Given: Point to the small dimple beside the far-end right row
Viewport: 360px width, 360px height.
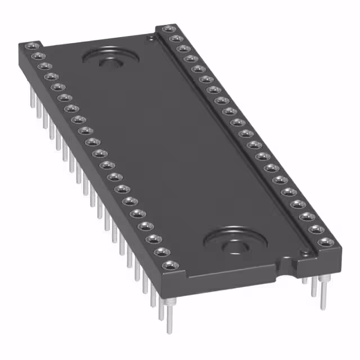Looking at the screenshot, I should (150, 38).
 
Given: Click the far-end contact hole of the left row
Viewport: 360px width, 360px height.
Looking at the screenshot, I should (31, 46).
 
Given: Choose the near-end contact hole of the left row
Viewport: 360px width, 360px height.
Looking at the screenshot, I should (169, 264).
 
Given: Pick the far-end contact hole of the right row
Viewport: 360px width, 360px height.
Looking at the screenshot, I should (166, 28).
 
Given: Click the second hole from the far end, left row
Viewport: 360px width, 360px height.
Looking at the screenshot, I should (38, 56).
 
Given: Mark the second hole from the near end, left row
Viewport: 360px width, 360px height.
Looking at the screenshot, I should (160, 251).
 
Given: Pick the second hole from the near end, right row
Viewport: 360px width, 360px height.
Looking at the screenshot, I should (316, 229).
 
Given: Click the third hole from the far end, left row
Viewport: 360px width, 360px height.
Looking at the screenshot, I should (44, 66).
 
